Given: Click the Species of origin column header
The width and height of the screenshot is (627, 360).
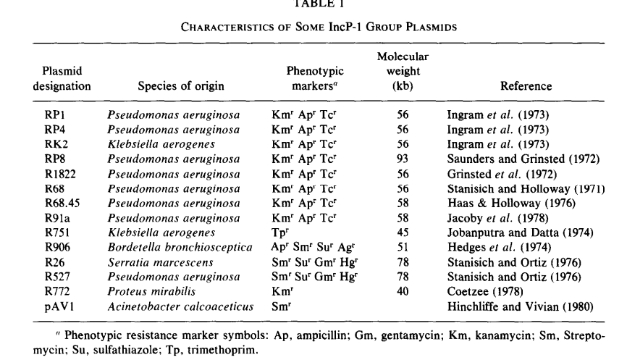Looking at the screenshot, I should pos(181,85).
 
